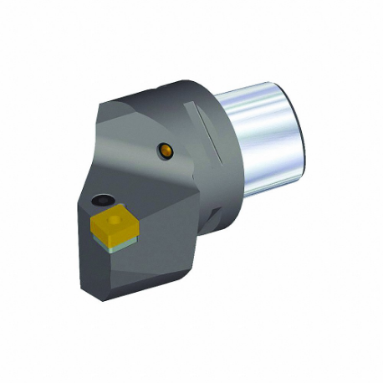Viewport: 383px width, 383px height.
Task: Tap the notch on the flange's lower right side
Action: click(x=215, y=222)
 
